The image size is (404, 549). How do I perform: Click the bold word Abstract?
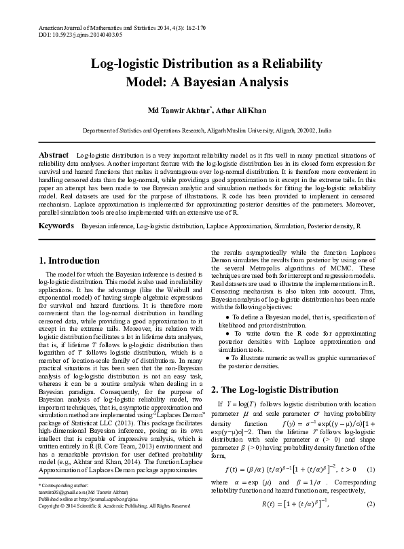(x=54, y=156)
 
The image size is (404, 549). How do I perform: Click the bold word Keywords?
(x=56, y=225)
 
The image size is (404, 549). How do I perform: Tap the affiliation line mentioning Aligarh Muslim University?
(x=202, y=129)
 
